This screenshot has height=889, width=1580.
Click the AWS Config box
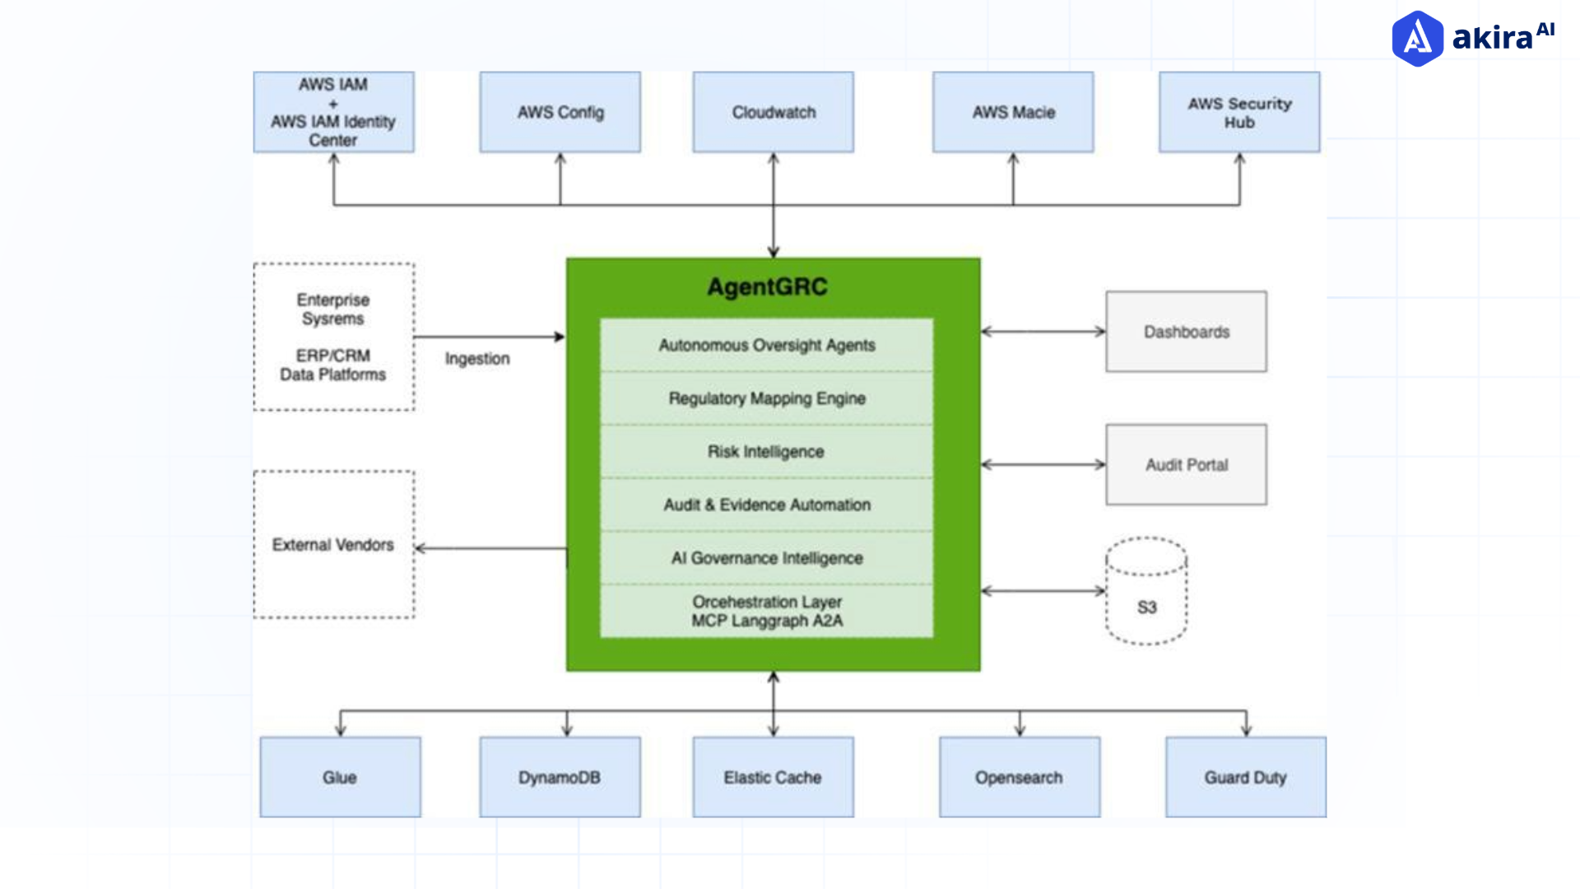pyautogui.click(x=560, y=112)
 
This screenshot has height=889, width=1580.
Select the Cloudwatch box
pyautogui.click(x=773, y=112)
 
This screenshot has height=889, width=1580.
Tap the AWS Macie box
pyautogui.click(x=1013, y=112)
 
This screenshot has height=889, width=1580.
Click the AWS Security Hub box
pyautogui.click(x=1239, y=112)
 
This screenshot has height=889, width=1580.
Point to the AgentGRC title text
pyautogui.click(x=767, y=286)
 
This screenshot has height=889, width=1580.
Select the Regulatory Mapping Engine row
pyautogui.click(x=767, y=398)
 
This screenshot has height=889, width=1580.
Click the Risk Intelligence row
pyautogui.click(x=767, y=451)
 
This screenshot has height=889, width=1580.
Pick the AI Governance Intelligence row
pyautogui.click(x=767, y=558)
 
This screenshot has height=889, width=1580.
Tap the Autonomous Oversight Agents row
pyautogui.click(x=767, y=345)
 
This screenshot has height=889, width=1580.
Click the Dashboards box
pyautogui.click(x=1186, y=332)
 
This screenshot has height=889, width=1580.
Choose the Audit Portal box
pyautogui.click(x=1186, y=464)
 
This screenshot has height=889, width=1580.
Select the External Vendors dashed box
pyautogui.click(x=333, y=544)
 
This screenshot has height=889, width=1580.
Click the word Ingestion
pyautogui.click(x=477, y=359)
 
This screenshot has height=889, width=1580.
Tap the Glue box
pyautogui.click(x=340, y=777)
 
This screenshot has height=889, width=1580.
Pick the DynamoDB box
pyautogui.click(x=560, y=777)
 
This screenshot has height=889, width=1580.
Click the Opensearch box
pyautogui.click(x=1019, y=777)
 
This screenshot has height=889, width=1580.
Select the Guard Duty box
pyautogui.click(x=1245, y=777)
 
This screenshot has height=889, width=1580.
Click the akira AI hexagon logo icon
pyautogui.click(x=1417, y=38)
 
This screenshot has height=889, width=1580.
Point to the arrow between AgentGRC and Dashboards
pyautogui.click(x=1043, y=332)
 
